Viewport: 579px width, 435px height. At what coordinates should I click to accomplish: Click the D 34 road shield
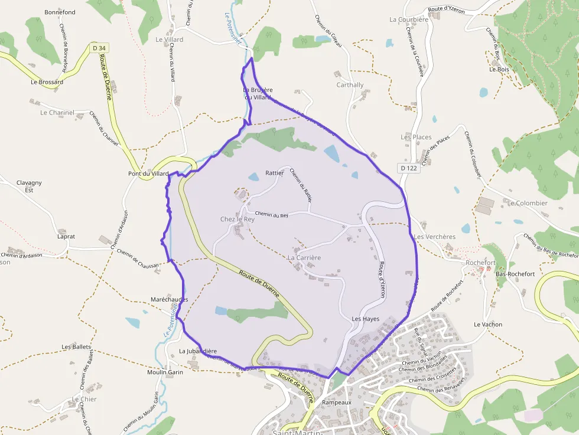99,48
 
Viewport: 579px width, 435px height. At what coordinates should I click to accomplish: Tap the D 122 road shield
408,168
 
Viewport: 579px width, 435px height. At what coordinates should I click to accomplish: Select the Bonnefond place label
60,12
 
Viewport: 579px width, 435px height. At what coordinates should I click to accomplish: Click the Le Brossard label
47,82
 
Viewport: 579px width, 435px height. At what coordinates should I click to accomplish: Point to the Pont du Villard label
148,174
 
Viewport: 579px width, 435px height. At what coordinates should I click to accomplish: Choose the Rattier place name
275,173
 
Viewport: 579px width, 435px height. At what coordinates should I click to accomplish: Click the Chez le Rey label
237,219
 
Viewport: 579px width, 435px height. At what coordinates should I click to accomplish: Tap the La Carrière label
304,258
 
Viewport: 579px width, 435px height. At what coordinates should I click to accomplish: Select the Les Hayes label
365,319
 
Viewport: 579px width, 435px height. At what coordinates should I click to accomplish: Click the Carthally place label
350,85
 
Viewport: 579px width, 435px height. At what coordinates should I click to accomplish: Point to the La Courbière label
409,19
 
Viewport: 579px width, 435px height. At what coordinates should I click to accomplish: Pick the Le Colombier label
527,203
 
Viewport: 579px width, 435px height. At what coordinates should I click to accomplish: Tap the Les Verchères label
435,237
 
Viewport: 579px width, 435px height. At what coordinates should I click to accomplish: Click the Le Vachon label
488,325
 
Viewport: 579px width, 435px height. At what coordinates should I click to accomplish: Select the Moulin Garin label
165,372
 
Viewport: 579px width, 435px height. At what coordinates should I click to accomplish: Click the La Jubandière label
198,351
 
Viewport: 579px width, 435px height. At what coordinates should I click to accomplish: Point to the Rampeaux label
337,403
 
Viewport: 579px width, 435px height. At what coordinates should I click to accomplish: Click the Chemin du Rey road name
271,215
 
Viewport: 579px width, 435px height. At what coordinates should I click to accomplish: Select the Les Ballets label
76,346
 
